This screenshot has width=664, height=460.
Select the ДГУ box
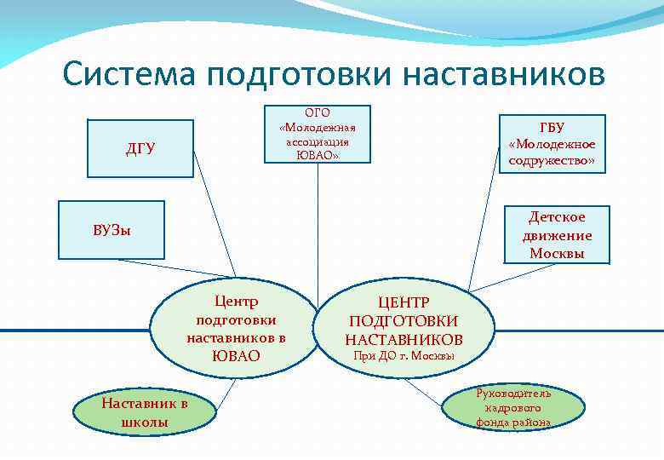coord(140,149)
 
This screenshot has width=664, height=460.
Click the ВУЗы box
coord(112,230)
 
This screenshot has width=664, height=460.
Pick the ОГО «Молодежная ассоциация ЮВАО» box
coord(318,135)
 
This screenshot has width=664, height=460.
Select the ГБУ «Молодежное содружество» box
coord(552,143)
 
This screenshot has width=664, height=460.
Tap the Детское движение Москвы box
coord(557,235)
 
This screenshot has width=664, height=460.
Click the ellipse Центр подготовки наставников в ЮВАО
coord(235,328)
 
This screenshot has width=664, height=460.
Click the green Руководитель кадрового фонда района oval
coord(513,408)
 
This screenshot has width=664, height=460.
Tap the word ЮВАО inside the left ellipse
coord(236,356)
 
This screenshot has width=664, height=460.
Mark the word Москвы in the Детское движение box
coord(557,253)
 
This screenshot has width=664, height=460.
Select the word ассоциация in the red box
coord(318,142)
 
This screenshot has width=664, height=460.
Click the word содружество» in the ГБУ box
coord(552,160)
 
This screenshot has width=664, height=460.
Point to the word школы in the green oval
coord(145,422)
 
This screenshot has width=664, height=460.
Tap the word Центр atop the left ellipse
coord(236,302)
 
